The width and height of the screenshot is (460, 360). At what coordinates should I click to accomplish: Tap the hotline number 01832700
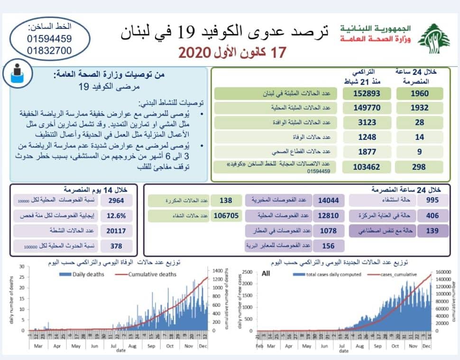tap(49, 50)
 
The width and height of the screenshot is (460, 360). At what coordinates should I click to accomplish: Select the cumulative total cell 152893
tap(365, 93)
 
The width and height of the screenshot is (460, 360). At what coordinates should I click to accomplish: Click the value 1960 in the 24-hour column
tap(420, 93)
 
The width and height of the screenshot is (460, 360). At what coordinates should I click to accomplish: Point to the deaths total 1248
tap(365, 137)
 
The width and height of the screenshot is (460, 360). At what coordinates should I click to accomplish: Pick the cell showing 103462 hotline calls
tap(365, 166)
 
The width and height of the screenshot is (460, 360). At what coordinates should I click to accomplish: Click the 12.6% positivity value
tap(117, 216)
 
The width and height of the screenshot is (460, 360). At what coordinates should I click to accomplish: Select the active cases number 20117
tap(117, 231)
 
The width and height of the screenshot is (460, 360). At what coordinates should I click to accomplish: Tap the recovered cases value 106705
tap(226, 216)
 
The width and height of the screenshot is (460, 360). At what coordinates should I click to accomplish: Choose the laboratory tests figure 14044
tap(329, 201)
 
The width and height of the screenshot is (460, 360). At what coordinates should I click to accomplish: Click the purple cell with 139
tap(432, 231)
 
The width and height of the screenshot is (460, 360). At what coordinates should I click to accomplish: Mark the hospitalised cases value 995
tap(432, 201)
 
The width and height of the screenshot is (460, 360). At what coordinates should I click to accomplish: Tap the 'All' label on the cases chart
tap(266, 274)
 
